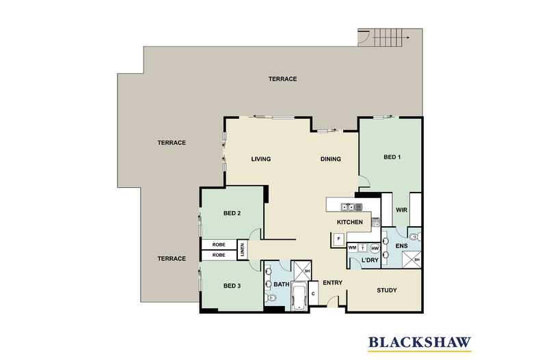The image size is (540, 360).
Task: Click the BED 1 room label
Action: [392, 157]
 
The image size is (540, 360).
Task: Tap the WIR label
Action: [401, 210]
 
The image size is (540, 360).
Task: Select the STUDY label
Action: [387, 290]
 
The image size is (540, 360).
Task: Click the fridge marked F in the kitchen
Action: [338, 239]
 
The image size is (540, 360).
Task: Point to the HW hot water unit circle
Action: [375, 248]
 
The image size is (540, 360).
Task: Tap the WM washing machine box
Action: [352, 247]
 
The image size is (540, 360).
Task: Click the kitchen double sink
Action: [349, 207]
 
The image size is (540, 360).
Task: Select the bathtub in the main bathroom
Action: [299, 296]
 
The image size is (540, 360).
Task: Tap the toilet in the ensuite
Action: [416, 236]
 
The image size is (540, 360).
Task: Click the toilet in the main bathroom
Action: [270, 298]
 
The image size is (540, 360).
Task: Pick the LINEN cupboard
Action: [242, 249]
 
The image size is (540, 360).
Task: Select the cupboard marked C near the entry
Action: [313, 293]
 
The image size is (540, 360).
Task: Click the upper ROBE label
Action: [219, 245]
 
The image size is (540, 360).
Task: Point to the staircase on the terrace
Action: [388, 38]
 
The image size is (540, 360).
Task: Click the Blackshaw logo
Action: [420, 343]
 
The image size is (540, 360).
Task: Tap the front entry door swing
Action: [332, 301]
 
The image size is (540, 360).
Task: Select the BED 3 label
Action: [232, 286]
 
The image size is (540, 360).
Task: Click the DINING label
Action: [331, 159]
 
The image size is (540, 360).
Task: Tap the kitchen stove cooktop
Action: [375, 222]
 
